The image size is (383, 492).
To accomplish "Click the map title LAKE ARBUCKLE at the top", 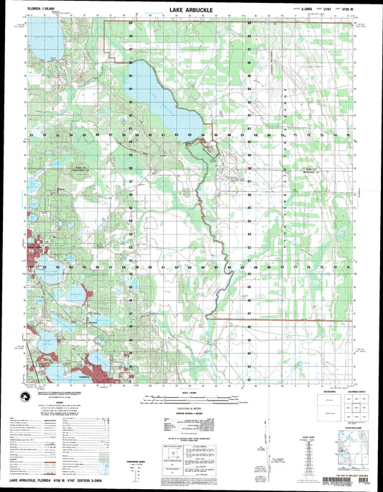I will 192,11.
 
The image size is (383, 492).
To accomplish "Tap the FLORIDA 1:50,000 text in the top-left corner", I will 44,12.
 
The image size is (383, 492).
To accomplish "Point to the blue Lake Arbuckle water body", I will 162,104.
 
